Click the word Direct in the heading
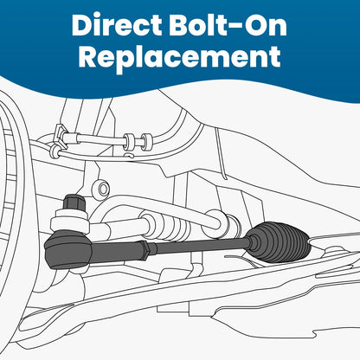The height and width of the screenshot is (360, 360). [x=117, y=24]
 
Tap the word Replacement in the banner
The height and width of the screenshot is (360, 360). [x=179, y=56]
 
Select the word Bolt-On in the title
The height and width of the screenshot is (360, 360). [x=228, y=24]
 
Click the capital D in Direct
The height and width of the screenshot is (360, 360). [x=83, y=25]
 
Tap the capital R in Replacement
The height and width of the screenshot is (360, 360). [x=88, y=56]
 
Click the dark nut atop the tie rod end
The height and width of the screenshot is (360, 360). [x=74, y=203]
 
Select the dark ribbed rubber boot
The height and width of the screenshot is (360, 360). [x=280, y=242]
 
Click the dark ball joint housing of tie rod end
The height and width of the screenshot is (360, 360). [x=68, y=250]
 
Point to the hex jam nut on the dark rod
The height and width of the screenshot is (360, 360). [x=146, y=248]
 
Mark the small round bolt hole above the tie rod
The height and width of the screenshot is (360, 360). [x=101, y=190]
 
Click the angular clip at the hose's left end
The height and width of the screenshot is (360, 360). [x=60, y=135]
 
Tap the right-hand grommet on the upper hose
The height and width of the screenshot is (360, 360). [x=146, y=142]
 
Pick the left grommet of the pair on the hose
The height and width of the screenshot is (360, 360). [x=129, y=142]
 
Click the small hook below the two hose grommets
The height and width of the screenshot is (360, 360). [x=130, y=155]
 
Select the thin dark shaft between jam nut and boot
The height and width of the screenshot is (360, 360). [x=199, y=246]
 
